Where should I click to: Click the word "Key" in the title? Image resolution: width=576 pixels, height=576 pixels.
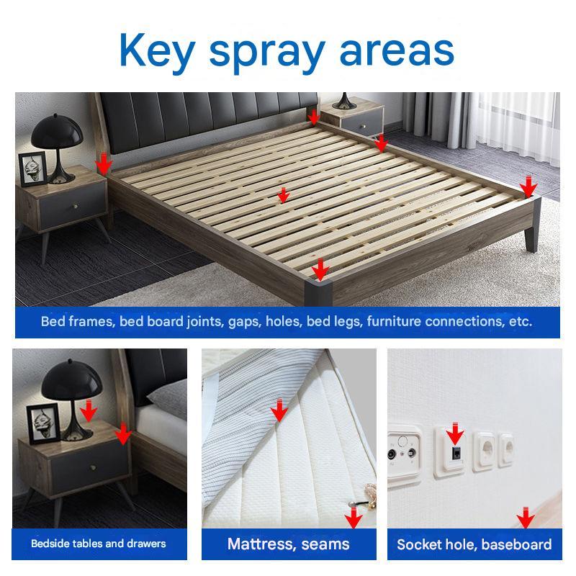[157, 50]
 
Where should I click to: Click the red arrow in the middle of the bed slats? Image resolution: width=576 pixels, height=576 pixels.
[283, 195]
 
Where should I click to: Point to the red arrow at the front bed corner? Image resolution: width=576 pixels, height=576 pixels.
[320, 270]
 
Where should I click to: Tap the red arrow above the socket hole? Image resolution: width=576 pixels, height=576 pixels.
[455, 433]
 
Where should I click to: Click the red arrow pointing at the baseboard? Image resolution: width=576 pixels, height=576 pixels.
[526, 518]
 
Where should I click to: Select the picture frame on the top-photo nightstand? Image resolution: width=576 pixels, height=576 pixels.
[32, 168]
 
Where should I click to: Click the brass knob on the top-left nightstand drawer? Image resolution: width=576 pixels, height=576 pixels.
[76, 207]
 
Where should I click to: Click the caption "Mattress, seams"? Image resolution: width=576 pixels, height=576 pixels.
[289, 544]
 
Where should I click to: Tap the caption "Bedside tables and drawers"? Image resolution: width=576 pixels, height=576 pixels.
[99, 544]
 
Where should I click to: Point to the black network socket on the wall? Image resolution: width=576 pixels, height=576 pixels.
[456, 453]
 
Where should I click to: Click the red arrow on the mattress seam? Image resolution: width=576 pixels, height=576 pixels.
[279, 410]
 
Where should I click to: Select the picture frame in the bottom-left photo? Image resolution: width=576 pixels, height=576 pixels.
[43, 424]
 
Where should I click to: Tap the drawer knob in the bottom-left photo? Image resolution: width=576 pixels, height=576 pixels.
[94, 467]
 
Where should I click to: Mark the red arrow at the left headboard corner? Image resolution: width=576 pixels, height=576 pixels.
[104, 164]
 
